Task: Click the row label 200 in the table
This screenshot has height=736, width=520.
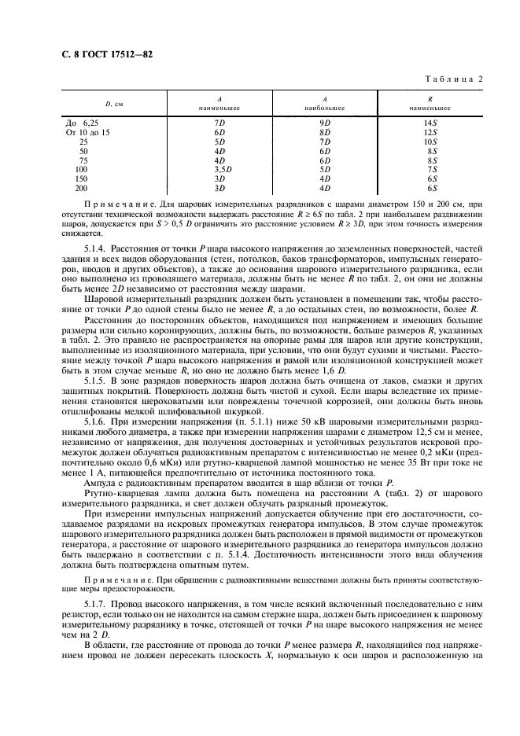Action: pos(82,187)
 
